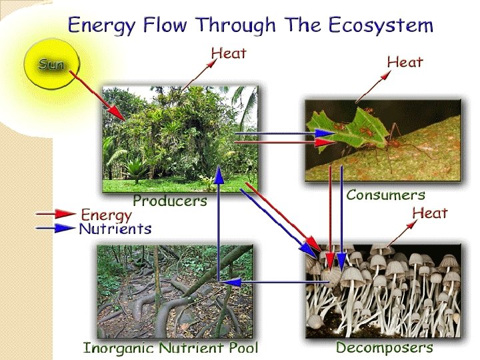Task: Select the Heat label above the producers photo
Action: tap(229, 53)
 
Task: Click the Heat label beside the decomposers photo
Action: tap(429, 213)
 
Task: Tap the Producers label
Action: tap(170, 200)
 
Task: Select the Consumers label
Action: tap(385, 195)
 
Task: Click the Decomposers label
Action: tap(384, 347)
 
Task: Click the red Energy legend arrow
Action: tap(56, 214)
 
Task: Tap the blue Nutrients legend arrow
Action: tap(56, 228)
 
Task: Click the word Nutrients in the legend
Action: tap(115, 229)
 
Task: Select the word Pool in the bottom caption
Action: tap(241, 347)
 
